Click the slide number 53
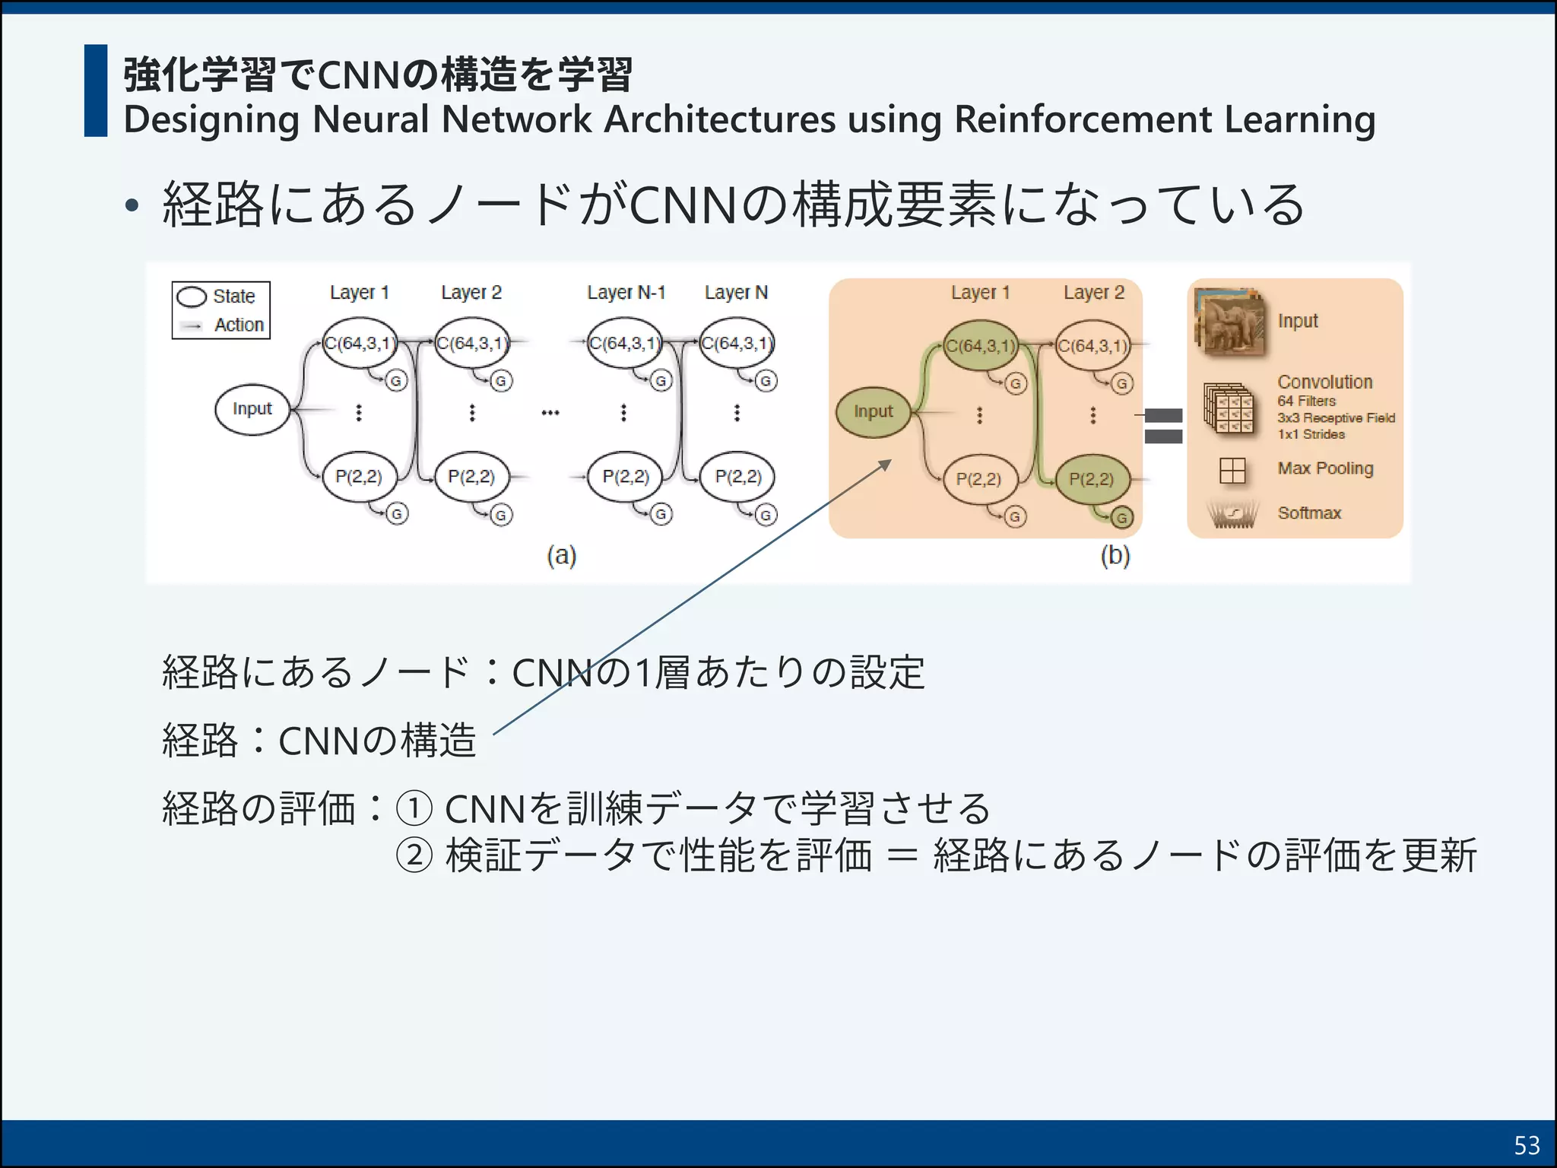(x=1527, y=1145)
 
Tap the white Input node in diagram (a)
(x=252, y=409)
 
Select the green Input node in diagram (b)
(x=873, y=412)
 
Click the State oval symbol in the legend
(x=192, y=297)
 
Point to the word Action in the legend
(x=239, y=325)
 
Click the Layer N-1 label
(x=626, y=293)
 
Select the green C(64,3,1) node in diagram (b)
(x=981, y=346)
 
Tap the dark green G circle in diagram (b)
(x=1121, y=519)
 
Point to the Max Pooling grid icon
(x=1232, y=471)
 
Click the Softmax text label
(x=1309, y=513)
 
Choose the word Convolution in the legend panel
(x=1324, y=382)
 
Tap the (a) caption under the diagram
(x=562, y=556)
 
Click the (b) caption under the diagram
(x=1115, y=556)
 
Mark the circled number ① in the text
(x=414, y=808)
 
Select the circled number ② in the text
(x=414, y=855)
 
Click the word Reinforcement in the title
(x=1083, y=119)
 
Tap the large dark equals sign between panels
(x=1163, y=426)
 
